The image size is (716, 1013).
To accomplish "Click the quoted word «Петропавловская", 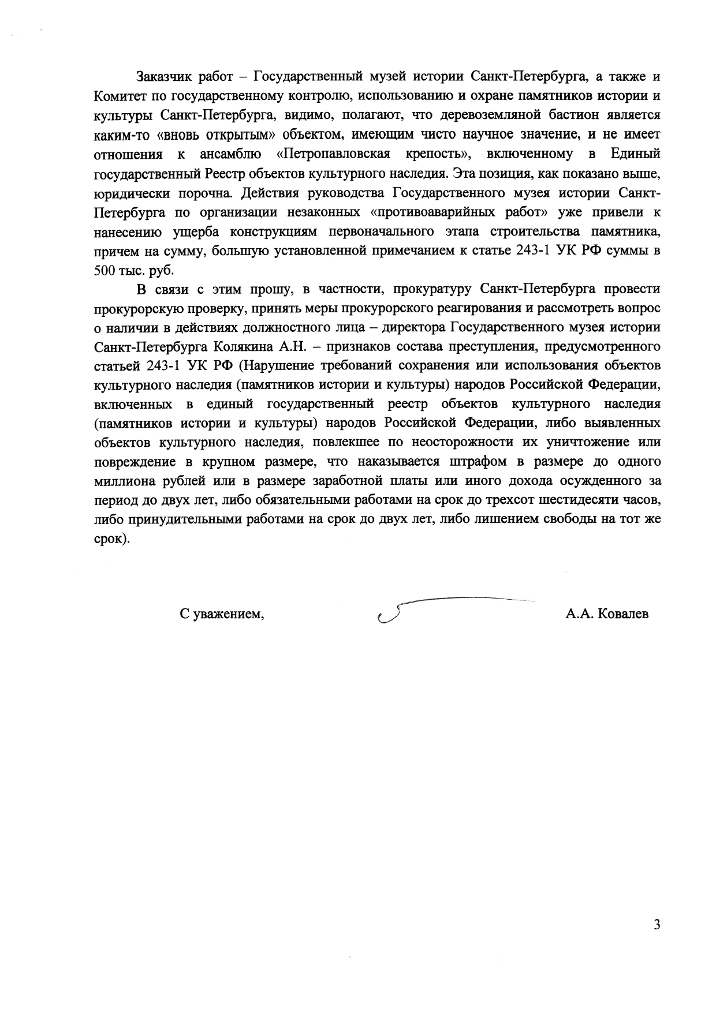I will point(333,154).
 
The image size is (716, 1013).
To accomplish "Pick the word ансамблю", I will point(230,154).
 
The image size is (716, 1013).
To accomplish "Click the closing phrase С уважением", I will point(222,614).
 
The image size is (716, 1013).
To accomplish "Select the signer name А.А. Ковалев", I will point(606,614).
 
